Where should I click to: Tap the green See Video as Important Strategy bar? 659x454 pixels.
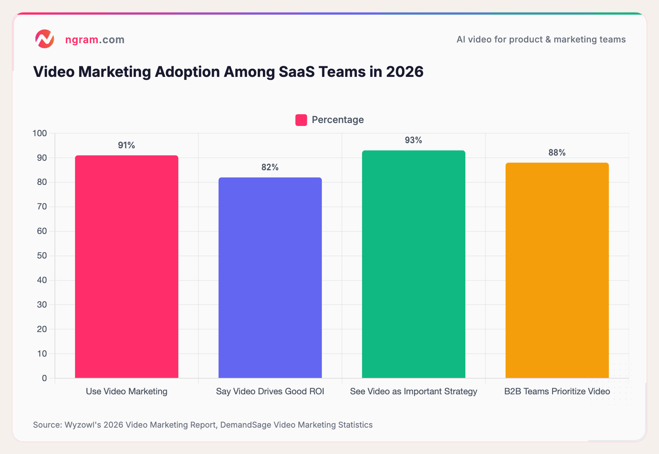(x=414, y=264)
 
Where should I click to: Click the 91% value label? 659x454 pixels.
(x=126, y=145)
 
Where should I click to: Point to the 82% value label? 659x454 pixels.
(x=270, y=167)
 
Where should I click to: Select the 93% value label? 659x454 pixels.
(x=413, y=140)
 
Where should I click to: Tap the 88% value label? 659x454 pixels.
(x=557, y=153)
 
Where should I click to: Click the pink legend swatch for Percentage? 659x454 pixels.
(x=301, y=120)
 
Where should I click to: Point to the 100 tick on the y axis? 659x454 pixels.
(x=40, y=133)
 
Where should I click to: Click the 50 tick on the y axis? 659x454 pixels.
(x=42, y=256)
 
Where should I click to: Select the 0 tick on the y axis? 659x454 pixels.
(x=44, y=378)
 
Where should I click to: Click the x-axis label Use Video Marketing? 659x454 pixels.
(x=126, y=391)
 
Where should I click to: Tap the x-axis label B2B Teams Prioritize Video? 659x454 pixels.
(x=557, y=391)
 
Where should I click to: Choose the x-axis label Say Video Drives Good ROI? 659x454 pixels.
(x=270, y=391)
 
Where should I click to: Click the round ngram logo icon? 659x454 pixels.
(x=45, y=39)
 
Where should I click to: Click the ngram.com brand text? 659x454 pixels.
(x=94, y=40)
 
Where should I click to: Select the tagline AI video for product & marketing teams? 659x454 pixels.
(x=541, y=40)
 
